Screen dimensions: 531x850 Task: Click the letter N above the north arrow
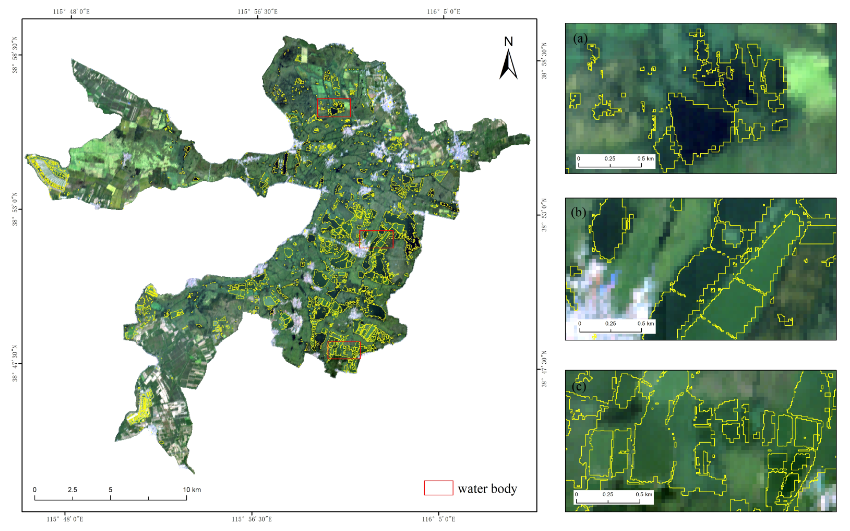508,41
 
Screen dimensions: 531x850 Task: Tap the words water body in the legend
487,489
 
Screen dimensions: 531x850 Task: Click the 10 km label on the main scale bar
192,490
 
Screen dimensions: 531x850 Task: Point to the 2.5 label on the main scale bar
73,490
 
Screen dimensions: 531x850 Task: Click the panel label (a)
580,38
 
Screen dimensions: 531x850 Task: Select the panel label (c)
579,386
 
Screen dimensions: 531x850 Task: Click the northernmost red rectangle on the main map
334,107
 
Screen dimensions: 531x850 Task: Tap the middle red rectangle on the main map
376,239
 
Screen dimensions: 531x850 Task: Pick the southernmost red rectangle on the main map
344,350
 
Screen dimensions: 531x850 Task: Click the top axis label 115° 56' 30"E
258,11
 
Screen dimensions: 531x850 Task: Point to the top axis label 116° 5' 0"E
443,11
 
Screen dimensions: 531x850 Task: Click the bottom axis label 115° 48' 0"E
65,519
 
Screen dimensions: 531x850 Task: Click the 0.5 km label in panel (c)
644,494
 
